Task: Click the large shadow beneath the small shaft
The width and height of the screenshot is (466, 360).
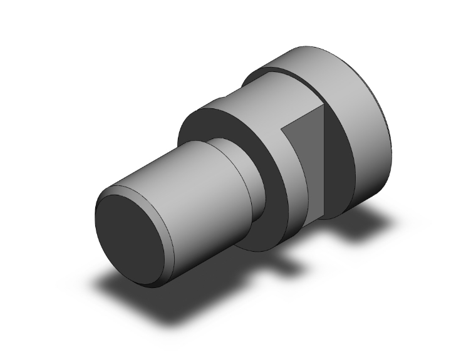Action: tap(150, 301)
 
